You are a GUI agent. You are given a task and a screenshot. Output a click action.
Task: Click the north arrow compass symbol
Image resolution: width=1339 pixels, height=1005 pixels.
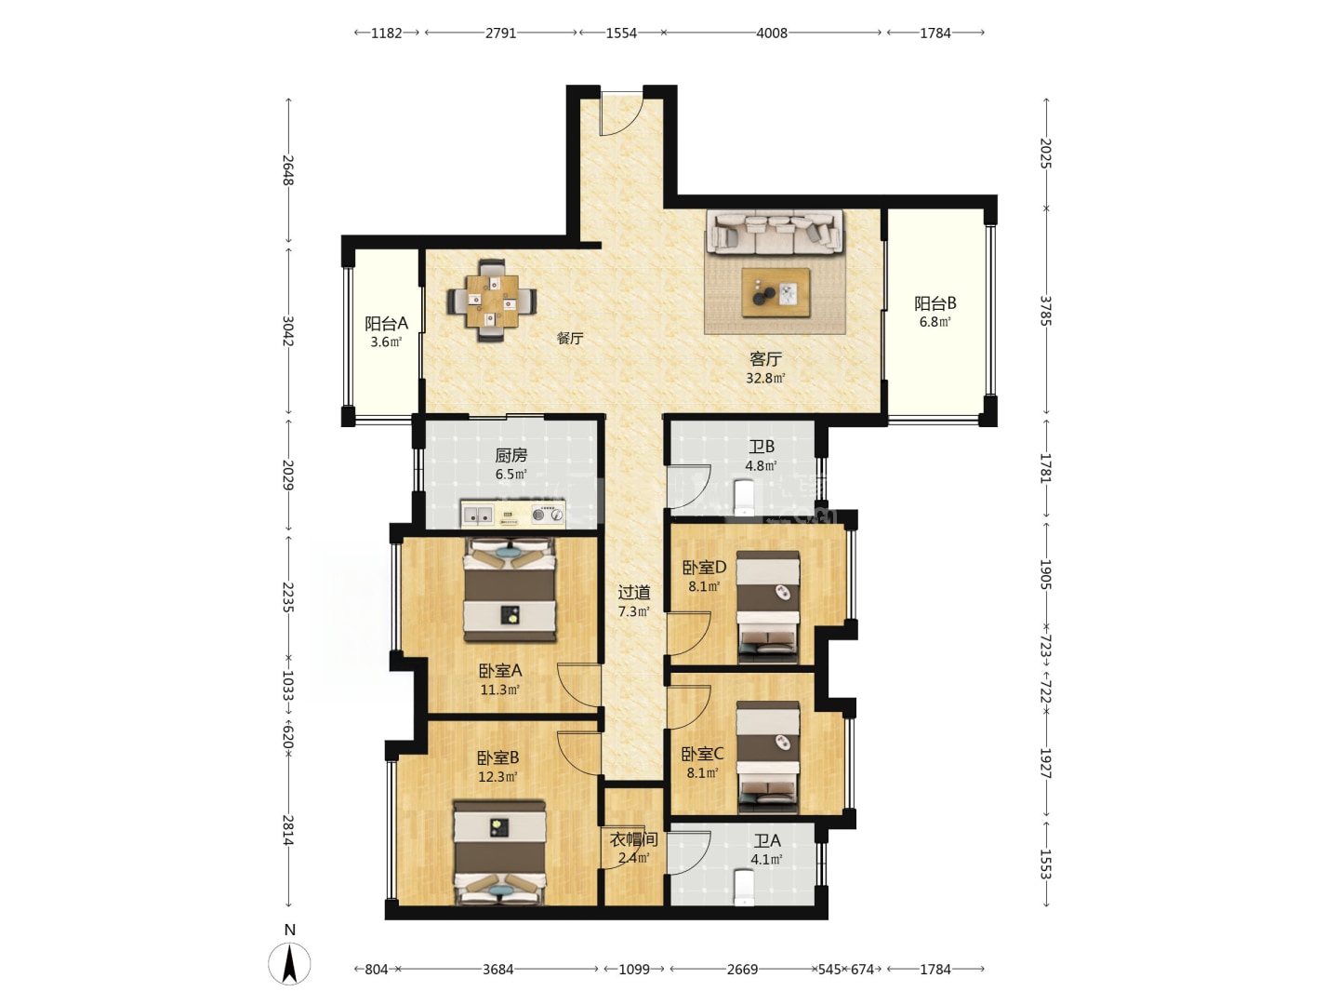tap(290, 963)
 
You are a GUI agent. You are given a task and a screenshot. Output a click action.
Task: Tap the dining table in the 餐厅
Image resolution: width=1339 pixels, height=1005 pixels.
tap(492, 301)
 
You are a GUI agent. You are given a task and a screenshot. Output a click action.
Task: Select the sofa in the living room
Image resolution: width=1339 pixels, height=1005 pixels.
tap(775, 232)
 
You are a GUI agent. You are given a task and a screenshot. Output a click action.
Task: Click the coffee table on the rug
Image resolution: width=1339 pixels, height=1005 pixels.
tap(776, 293)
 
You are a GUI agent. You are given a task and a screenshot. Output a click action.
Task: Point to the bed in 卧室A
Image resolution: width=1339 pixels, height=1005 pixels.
tap(510, 589)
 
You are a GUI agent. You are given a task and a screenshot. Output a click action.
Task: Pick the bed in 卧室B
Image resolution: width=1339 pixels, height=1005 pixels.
tap(500, 853)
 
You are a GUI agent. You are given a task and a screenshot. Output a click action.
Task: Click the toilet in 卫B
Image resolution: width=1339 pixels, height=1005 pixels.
tap(744, 498)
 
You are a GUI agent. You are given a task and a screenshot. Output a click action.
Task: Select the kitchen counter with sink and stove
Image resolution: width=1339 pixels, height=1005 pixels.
tap(512, 515)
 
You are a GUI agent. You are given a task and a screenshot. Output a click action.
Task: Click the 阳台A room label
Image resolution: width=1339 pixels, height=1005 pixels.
tap(386, 323)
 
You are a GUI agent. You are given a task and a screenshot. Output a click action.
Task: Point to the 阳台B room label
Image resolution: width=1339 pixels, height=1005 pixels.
tap(935, 302)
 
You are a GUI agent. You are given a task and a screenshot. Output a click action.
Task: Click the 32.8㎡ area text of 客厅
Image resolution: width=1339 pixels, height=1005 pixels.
tap(765, 378)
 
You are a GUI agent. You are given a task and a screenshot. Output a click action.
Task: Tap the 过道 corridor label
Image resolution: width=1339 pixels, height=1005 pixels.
tap(634, 592)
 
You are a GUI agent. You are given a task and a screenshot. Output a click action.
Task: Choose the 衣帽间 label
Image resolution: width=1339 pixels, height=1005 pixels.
tap(634, 839)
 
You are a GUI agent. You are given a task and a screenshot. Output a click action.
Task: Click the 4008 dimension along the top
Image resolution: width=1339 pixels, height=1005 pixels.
tap(772, 33)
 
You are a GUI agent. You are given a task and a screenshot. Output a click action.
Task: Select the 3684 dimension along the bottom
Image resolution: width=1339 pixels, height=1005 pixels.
tap(497, 969)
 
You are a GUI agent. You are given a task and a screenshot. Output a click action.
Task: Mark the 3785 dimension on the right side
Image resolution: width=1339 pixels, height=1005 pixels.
tap(1045, 311)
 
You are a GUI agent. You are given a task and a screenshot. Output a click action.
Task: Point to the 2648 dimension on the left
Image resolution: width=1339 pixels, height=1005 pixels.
tap(288, 170)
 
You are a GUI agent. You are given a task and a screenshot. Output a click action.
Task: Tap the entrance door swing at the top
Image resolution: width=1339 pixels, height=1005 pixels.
tap(622, 114)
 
